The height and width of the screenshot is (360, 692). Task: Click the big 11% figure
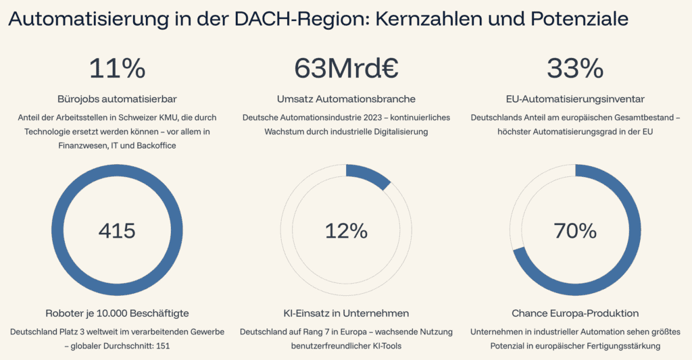point(118,68)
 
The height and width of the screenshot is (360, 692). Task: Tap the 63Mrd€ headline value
point(346,68)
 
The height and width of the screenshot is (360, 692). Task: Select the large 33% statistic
point(575,68)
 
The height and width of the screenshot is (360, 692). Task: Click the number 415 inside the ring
point(117,231)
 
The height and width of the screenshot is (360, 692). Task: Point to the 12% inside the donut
point(346,231)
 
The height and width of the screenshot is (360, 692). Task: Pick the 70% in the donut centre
point(575,231)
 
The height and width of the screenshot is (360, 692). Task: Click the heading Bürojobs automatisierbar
point(118,98)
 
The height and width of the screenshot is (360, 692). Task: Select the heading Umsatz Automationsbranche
point(346,98)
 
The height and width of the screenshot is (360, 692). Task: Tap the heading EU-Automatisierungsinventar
point(575,98)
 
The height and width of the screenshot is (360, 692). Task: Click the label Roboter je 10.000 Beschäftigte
point(117,313)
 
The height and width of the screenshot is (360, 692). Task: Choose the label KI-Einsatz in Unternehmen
point(346,313)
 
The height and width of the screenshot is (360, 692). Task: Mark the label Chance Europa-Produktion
point(575,313)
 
